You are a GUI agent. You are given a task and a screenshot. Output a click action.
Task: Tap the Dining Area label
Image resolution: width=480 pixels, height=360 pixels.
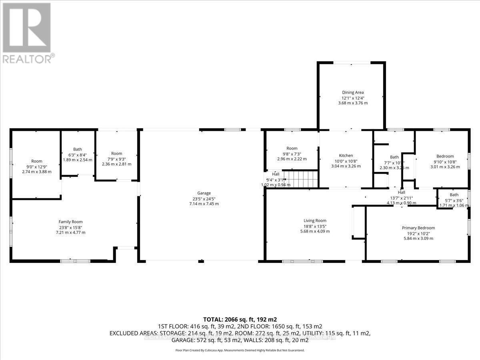point(353,92)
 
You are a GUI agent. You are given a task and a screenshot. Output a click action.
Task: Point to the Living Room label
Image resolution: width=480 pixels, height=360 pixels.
point(315,220)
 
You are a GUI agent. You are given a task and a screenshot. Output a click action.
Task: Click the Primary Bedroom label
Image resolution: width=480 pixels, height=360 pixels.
point(418,228)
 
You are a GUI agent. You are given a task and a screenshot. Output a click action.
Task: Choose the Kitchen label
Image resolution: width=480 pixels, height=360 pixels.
point(346,156)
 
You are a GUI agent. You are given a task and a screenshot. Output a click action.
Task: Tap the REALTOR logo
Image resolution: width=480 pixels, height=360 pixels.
point(27,32)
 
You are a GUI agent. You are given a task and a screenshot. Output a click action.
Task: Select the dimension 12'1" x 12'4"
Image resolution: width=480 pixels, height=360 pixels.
point(353,98)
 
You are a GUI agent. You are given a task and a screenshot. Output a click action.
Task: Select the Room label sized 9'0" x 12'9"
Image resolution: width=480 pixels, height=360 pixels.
point(37,162)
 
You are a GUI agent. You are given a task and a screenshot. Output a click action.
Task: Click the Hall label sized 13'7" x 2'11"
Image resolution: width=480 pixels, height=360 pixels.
point(402,192)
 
